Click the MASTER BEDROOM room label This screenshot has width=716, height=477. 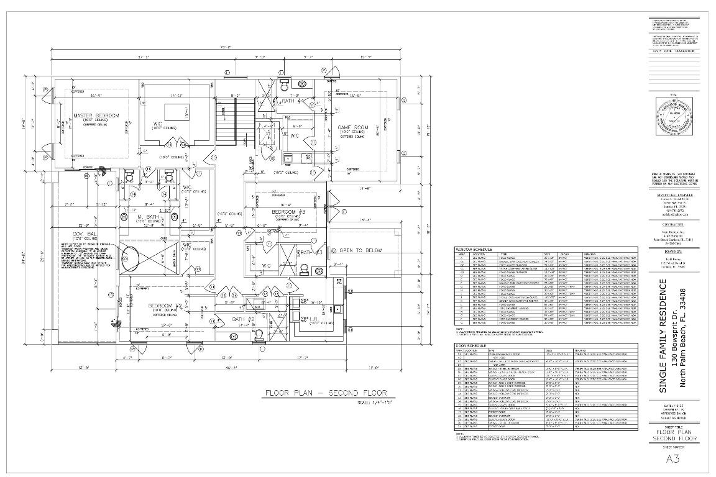(96, 116)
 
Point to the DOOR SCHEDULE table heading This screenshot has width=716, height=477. (470, 345)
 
